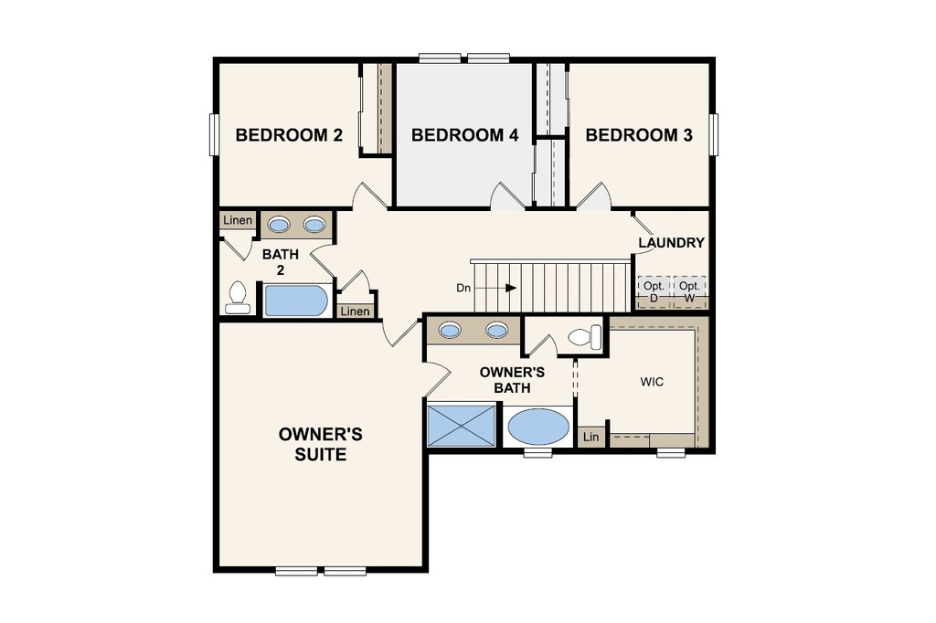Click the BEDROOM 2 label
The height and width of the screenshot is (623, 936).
[x=289, y=135]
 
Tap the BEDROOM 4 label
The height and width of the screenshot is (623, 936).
[x=464, y=135]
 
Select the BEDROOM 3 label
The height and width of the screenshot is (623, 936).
[x=638, y=135]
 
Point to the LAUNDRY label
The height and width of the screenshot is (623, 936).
[x=671, y=243]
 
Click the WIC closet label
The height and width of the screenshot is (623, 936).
[x=651, y=382]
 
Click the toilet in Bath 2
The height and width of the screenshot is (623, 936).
[x=238, y=297]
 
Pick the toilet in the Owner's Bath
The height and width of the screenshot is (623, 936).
[x=586, y=337]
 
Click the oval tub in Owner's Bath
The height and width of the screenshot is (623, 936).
[x=537, y=427]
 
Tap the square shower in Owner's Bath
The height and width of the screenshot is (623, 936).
[x=463, y=425]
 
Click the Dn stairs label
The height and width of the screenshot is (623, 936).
[x=464, y=288]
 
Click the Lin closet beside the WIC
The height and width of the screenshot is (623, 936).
[x=591, y=438]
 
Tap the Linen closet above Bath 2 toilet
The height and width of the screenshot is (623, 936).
[x=238, y=220]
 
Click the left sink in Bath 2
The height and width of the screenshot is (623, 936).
[x=279, y=225]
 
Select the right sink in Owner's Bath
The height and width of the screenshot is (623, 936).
[x=496, y=330]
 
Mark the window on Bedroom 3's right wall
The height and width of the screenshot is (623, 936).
[x=716, y=135]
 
